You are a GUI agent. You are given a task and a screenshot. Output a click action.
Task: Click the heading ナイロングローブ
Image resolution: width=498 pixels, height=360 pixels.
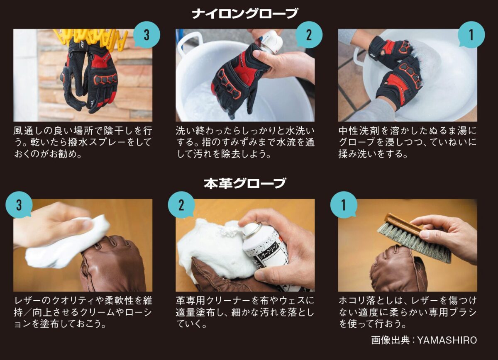(245, 13)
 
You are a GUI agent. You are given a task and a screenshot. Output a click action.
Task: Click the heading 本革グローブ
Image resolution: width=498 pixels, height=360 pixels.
(245, 183)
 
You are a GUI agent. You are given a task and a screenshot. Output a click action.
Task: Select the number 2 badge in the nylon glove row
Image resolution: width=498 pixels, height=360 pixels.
(309, 34)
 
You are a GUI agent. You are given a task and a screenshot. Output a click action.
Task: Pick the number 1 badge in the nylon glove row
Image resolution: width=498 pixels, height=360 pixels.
(471, 34)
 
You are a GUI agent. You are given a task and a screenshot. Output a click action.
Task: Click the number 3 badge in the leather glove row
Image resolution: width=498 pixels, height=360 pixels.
(19, 204)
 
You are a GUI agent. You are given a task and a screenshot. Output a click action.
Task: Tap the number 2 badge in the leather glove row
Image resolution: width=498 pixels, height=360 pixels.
(181, 204)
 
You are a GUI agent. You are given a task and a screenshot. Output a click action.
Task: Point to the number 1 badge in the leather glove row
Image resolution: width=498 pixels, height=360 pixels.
(344, 204)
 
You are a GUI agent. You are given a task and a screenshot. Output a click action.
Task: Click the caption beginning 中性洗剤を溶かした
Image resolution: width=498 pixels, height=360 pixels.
(408, 142)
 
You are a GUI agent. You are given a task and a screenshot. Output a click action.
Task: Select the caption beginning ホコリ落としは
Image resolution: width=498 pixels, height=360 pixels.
(408, 312)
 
